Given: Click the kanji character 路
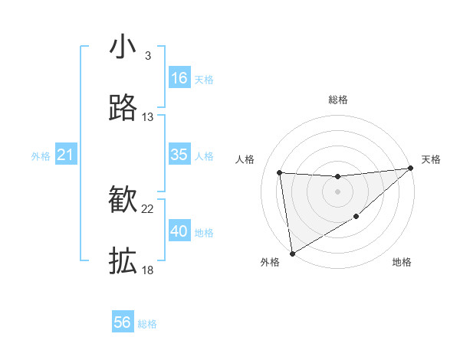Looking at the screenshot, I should pyautogui.click(x=123, y=108).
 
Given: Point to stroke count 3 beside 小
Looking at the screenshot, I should pyautogui.click(x=147, y=56).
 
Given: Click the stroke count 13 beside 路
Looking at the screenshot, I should pyautogui.click(x=148, y=117).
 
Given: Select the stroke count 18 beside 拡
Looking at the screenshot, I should pyautogui.click(x=148, y=270).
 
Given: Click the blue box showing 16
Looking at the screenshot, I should pyautogui.click(x=179, y=78).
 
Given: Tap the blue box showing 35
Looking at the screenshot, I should pyautogui.click(x=179, y=155).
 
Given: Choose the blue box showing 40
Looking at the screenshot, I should pyautogui.click(x=179, y=231).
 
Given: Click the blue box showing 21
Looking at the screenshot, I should pyautogui.click(x=65, y=155).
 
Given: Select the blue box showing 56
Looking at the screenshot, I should pyautogui.click(x=123, y=322).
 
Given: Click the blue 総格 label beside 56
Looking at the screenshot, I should pyautogui.click(x=147, y=324).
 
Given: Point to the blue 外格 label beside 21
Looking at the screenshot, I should pyautogui.click(x=41, y=156).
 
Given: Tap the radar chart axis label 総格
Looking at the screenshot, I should pyautogui.click(x=338, y=100).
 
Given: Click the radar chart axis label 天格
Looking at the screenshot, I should pyautogui.click(x=432, y=159).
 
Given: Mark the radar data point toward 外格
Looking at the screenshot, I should pyautogui.click(x=291, y=253).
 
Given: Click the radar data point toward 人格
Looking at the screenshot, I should pyautogui.click(x=280, y=172).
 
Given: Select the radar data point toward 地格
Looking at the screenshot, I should pyautogui.click(x=356, y=218).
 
